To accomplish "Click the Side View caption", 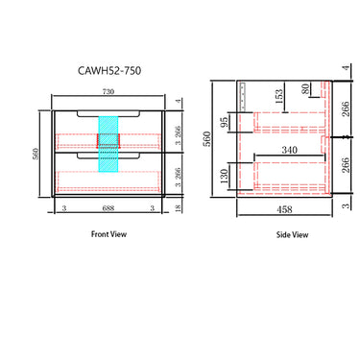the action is tap(292, 234).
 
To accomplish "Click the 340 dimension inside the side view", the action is tap(289, 151).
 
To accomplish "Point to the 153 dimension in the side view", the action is tap(279, 97).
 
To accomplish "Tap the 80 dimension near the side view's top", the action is tap(306, 89).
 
